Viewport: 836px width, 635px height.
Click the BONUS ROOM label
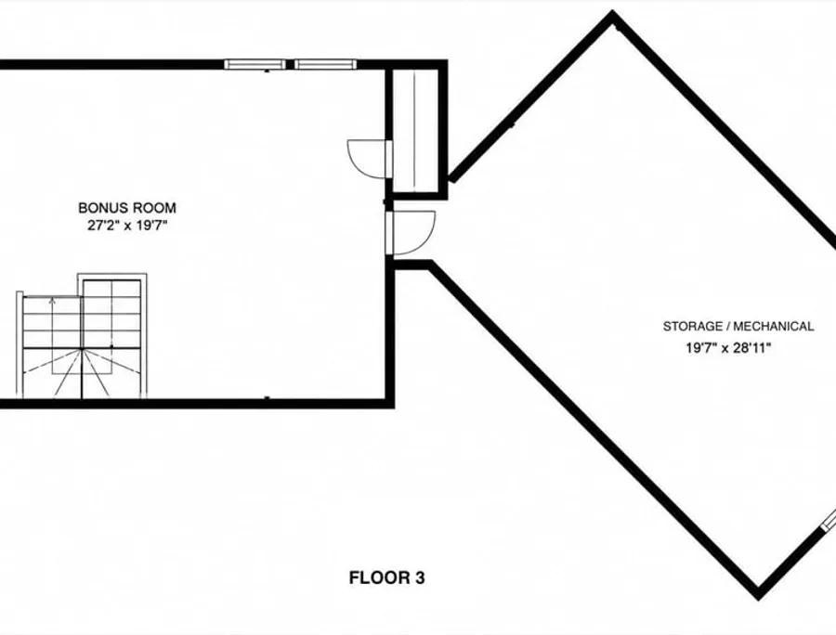click(127, 208)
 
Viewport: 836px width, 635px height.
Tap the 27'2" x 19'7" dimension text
click(127, 226)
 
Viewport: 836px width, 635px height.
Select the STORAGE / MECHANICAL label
click(738, 327)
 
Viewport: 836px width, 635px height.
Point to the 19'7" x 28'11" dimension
click(728, 348)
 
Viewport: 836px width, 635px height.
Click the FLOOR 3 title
click(386, 578)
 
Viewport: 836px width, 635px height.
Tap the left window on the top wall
click(255, 64)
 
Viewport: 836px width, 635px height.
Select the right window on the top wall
click(326, 64)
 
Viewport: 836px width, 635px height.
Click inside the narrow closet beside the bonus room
click(415, 131)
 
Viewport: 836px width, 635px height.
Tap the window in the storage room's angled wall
click(828, 519)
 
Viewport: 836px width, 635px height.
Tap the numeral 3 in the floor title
click(420, 578)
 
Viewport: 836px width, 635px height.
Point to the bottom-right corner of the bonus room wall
click(394, 408)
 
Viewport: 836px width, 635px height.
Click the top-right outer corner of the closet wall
click(447, 60)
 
